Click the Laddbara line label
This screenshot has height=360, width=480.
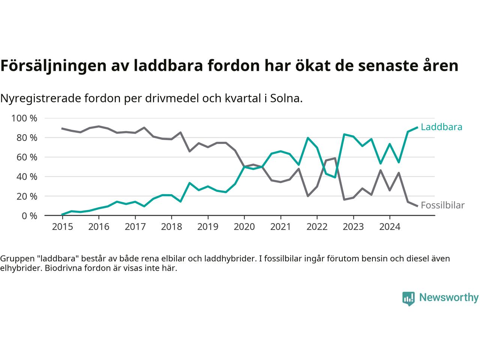[441, 127]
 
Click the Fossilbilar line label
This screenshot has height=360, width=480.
[442, 205]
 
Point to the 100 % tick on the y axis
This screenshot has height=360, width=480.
[24, 118]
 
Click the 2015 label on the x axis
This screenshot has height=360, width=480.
[62, 227]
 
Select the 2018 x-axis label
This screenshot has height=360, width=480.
[171, 227]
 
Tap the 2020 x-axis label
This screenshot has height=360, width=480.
[244, 227]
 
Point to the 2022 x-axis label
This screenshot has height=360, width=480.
[317, 227]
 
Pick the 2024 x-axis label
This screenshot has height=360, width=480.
[390, 227]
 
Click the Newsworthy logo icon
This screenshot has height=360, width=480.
[408, 298]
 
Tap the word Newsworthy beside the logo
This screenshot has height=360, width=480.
[448, 298]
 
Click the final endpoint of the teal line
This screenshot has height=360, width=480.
[417, 127]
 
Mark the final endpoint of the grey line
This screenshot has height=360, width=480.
[417, 206]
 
